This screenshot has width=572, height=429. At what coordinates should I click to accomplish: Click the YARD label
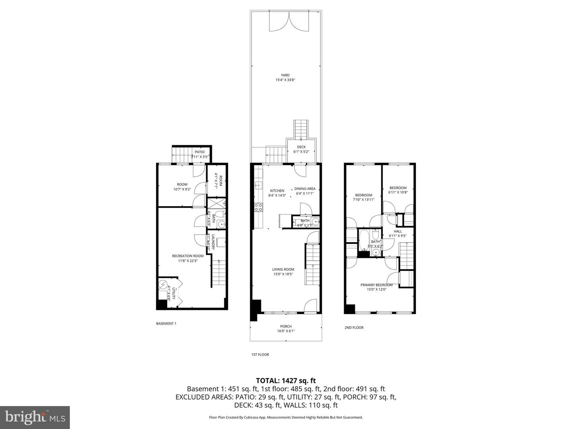click(285, 75)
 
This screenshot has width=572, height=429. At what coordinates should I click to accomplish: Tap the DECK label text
click(301, 147)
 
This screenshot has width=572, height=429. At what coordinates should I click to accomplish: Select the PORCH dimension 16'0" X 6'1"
click(286, 331)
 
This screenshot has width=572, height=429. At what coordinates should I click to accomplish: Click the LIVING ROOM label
click(283, 269)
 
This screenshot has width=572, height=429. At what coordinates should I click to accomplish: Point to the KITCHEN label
click(277, 191)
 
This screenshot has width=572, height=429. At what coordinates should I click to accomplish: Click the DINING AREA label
click(305, 189)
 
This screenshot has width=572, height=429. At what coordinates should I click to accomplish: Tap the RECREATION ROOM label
click(187, 256)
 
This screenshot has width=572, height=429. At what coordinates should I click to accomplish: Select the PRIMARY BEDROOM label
click(376, 285)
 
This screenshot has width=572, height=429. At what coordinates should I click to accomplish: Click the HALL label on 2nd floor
click(398, 231)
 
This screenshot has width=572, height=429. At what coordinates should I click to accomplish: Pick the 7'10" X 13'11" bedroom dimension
click(363, 200)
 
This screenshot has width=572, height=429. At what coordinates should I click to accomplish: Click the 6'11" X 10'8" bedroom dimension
click(398, 193)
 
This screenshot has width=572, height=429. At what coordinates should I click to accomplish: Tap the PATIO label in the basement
click(199, 152)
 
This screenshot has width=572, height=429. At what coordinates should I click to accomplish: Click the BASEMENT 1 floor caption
click(166, 324)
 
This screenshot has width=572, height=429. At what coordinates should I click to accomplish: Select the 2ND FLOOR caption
click(354, 328)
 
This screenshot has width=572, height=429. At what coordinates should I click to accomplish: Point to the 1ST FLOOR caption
click(260, 355)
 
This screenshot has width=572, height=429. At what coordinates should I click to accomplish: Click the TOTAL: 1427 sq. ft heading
click(286, 381)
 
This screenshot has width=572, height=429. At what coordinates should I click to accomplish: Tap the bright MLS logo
click(35, 417)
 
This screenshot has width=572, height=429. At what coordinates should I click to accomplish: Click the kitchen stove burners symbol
click(258, 207)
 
